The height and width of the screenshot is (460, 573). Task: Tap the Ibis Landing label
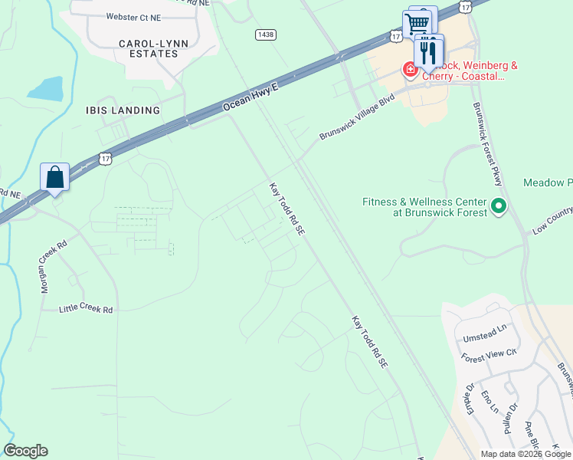point(123,110)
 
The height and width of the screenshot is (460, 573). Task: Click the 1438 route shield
point(265,34)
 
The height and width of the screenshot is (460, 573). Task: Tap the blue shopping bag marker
point(55,178)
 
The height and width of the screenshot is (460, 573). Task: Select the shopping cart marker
point(417,24)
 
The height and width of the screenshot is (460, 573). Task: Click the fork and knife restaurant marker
point(428,51)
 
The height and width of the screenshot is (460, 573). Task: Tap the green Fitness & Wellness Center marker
point(499,205)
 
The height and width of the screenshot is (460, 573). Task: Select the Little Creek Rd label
point(87,309)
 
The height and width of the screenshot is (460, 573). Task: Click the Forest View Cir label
point(490,357)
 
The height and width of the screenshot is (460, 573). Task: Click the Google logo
point(25,451)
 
